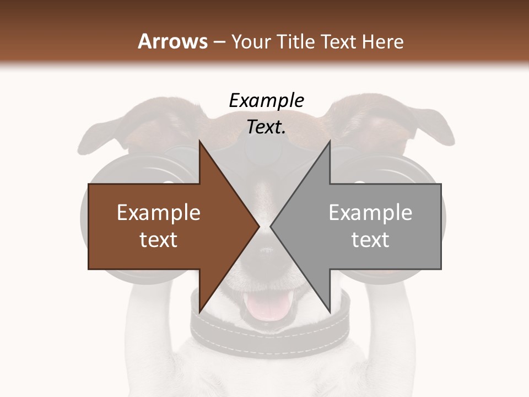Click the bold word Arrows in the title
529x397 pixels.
[172, 41]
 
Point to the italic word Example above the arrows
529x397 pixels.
[266, 101]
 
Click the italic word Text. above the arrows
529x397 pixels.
[266, 127]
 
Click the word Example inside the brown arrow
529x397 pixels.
[159, 213]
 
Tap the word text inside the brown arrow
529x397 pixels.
[159, 240]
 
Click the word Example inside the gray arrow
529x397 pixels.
[370, 213]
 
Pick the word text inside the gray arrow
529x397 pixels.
[370, 240]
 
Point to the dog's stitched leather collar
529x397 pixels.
[270, 334]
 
